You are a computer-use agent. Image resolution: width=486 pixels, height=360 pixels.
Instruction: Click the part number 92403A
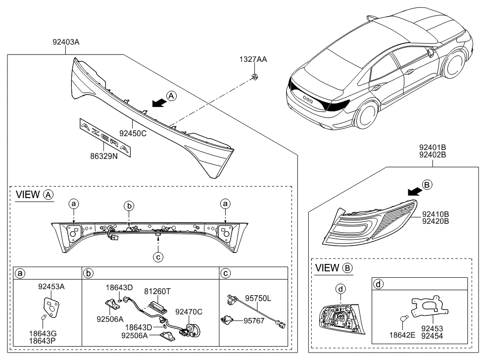click(66, 43)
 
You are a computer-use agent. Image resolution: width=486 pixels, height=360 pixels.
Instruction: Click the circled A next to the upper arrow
click(170, 96)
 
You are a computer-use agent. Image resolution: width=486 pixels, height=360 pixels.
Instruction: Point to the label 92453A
click(50, 286)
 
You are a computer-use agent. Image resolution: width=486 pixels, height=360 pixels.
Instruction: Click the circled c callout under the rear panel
click(157, 256)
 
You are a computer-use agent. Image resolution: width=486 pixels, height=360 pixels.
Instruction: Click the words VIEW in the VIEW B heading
click(327, 268)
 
